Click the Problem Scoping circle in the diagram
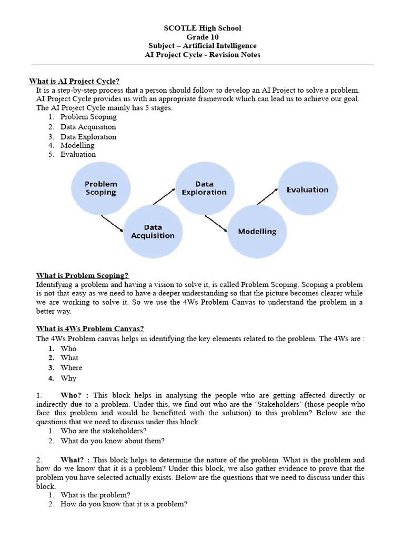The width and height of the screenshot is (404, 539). click(x=101, y=188)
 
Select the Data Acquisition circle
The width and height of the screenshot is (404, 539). click(x=153, y=231)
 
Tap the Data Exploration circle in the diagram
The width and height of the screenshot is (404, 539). click(x=204, y=188)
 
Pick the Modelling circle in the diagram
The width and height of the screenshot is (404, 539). click(x=257, y=231)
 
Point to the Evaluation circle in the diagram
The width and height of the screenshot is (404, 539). click(x=307, y=189)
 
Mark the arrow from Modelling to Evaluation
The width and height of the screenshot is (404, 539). click(x=268, y=196)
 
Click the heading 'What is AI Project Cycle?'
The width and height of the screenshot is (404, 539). click(x=74, y=81)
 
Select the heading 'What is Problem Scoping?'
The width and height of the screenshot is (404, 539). click(x=82, y=275)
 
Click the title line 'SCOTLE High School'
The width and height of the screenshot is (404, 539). click(x=202, y=28)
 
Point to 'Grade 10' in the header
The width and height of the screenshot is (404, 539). click(x=202, y=37)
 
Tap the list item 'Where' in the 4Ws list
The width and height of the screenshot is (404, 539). click(x=71, y=368)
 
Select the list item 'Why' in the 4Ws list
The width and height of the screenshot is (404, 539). click(x=68, y=378)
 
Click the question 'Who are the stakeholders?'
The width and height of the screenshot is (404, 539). click(x=103, y=431)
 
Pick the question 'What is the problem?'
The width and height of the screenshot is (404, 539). click(x=95, y=495)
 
